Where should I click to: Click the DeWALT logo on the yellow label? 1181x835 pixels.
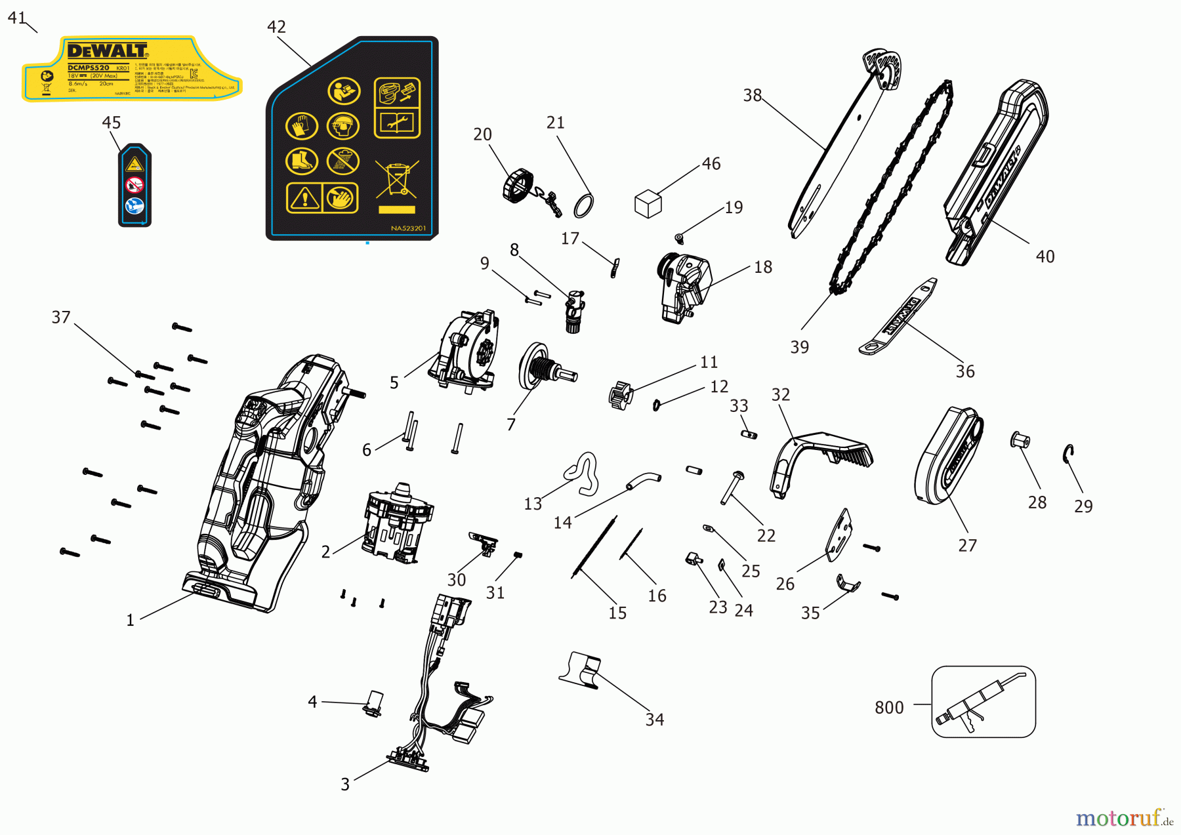pyautogui.click(x=108, y=51)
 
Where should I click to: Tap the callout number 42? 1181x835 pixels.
pyautogui.click(x=276, y=27)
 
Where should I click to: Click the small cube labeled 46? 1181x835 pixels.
pyautogui.click(x=648, y=204)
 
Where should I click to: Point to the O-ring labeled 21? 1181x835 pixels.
pyautogui.click(x=584, y=205)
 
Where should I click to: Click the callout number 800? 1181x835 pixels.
pyautogui.click(x=889, y=708)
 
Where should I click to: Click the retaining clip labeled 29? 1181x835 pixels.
pyautogui.click(x=1068, y=453)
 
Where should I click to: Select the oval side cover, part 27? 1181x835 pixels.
pyautogui.click(x=948, y=456)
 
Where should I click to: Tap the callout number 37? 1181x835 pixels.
pyautogui.click(x=61, y=317)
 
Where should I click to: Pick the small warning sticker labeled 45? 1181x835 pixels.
pyautogui.click(x=135, y=186)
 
